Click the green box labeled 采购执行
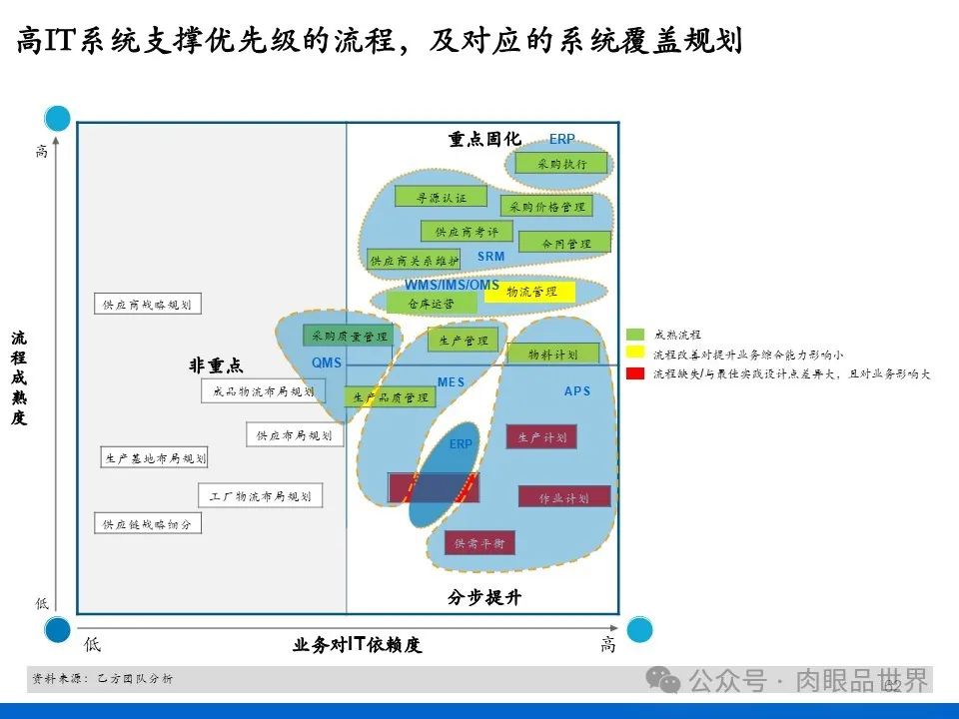(562, 164)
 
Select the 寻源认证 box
(441, 198)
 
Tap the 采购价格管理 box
(545, 207)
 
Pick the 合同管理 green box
(566, 244)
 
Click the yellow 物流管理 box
(530, 292)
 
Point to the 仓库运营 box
(431, 303)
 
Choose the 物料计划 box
(552, 355)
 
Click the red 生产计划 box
(542, 437)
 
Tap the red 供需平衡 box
(479, 543)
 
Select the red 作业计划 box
(563, 497)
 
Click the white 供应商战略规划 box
(147, 305)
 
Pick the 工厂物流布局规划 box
(260, 495)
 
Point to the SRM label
(490, 257)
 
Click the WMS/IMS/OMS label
(452, 286)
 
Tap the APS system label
(577, 391)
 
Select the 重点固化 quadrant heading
(484, 140)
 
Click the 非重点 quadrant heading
(216, 366)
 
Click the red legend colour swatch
(635, 373)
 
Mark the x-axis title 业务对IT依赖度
(357, 645)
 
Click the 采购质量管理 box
(349, 337)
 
